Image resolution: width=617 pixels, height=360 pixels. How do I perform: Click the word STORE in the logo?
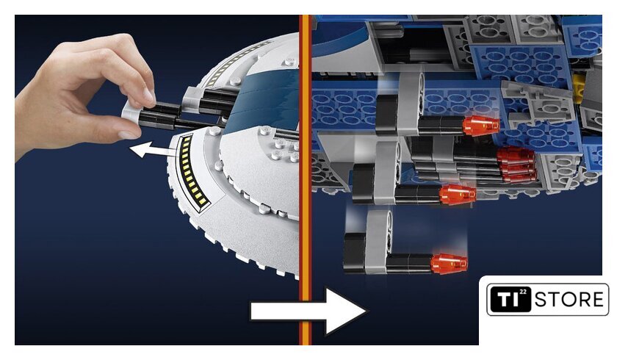[x=569, y=300]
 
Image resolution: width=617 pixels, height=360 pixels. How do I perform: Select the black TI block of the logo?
[x=509, y=299]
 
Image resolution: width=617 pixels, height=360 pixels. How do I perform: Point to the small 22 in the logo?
[x=522, y=292]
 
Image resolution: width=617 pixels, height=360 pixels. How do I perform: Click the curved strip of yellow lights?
[x=191, y=170]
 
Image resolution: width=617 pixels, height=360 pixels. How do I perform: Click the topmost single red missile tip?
[x=481, y=126]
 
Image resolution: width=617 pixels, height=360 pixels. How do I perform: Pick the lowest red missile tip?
[x=449, y=264]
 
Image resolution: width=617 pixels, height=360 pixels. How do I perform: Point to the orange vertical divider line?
[x=306, y=180]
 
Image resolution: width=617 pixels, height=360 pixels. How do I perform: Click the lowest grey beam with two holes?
[x=378, y=242]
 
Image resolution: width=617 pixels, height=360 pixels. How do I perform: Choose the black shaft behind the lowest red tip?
[x=410, y=263]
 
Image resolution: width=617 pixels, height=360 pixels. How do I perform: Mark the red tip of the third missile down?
[x=457, y=195]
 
